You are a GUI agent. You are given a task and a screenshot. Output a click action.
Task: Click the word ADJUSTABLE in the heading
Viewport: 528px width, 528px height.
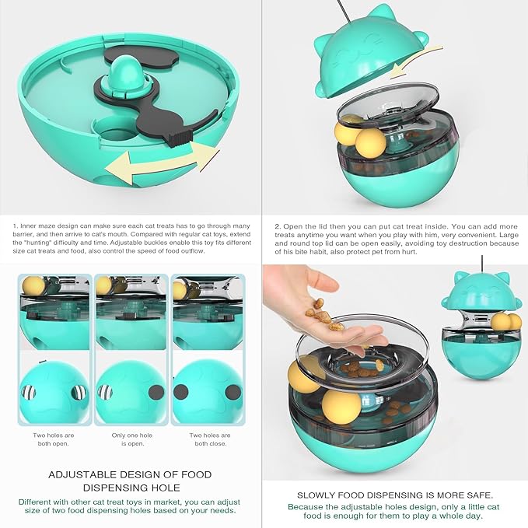click(x=81, y=474)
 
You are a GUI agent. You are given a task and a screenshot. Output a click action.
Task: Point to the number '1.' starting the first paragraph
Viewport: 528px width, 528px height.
click(x=16, y=226)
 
